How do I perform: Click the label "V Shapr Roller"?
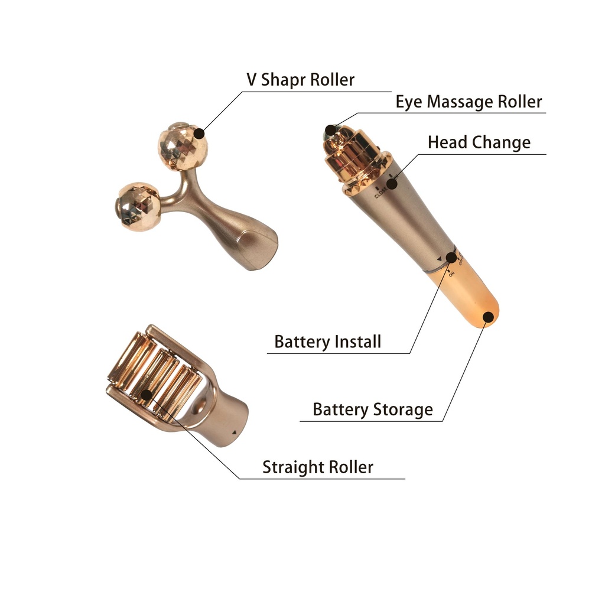coord(300,80)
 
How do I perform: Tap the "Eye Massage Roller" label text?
coord(469,102)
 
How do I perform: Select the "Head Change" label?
coord(479,142)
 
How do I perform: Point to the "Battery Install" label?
coord(327,341)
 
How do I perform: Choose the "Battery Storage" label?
coord(373,410)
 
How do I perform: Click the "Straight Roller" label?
coord(318,467)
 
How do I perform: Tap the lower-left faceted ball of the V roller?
coord(137,206)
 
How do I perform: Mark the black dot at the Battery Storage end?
coord(489,317)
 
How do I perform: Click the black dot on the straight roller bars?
coord(147,395)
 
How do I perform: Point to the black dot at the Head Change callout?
coord(392,183)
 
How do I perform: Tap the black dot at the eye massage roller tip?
coord(330,130)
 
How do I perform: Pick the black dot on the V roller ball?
coord(199,134)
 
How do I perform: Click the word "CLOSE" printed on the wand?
coord(380,193)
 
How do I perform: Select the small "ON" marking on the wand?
coord(451,274)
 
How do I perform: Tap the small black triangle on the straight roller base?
coord(233,433)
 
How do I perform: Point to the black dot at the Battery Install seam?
coord(451,258)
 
